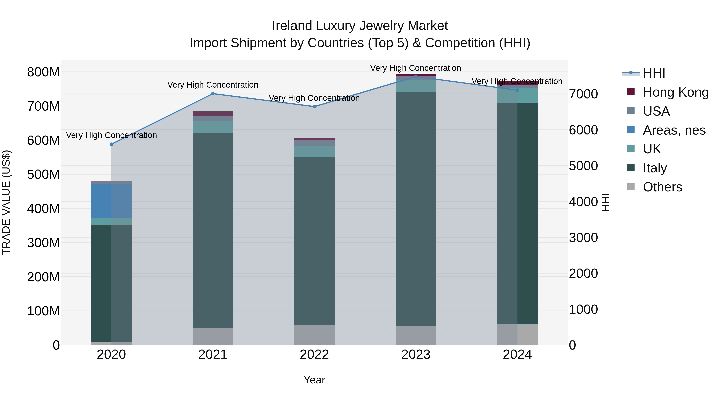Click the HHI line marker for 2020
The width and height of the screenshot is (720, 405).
(x=111, y=144)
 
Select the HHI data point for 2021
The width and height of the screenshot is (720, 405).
(x=213, y=94)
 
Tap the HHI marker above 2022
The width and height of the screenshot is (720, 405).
(x=314, y=106)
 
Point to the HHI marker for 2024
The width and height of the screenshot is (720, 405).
(x=517, y=90)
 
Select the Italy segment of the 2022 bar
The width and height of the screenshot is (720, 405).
(x=314, y=240)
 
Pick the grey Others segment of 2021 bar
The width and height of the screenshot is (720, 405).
(x=213, y=336)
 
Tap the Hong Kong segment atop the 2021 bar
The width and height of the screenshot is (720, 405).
(x=213, y=113)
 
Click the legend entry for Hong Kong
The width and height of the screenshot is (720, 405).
(x=675, y=92)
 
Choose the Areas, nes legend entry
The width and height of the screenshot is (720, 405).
(x=674, y=130)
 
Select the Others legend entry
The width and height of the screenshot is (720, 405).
(x=662, y=187)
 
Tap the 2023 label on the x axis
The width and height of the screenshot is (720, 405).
(x=416, y=355)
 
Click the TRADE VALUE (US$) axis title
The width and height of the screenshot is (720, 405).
(x=6, y=202)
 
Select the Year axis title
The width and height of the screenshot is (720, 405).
(x=314, y=380)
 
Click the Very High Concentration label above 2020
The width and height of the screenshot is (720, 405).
(x=111, y=135)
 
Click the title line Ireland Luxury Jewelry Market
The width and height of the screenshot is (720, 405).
(x=360, y=26)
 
